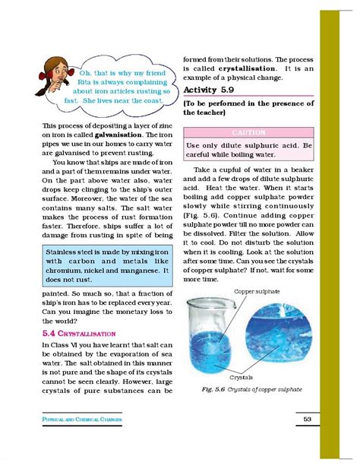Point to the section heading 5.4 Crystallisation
coord(79,333)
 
